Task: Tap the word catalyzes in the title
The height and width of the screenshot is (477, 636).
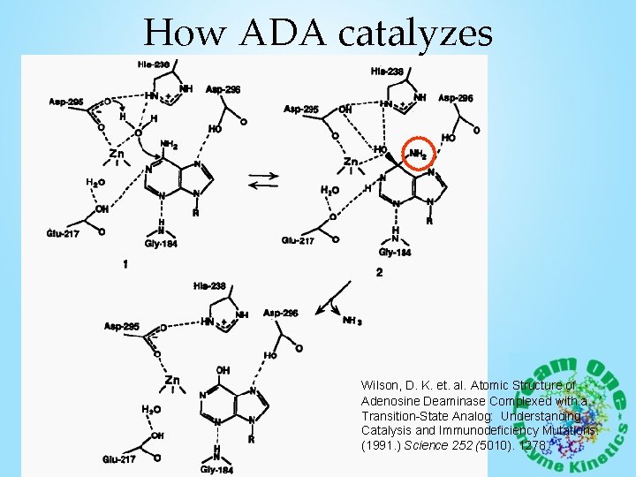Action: tap(413, 35)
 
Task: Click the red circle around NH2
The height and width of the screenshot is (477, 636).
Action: tap(420, 155)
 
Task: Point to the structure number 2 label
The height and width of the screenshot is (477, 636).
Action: tap(379, 273)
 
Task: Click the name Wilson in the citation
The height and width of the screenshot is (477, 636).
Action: tap(382, 386)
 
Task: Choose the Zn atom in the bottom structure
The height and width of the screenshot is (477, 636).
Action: tap(172, 381)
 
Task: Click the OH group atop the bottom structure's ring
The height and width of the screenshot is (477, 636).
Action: tap(222, 370)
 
